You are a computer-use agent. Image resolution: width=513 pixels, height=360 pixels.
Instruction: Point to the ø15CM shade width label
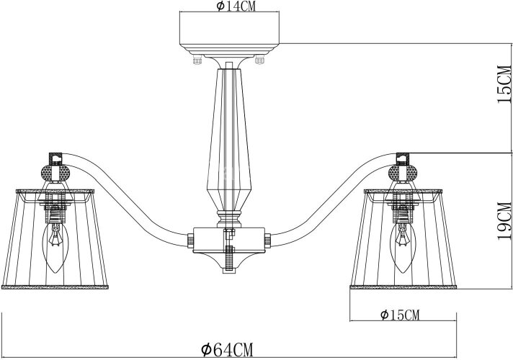coord(398,315)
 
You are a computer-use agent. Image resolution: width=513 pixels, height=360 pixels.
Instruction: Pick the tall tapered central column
coord(228,137)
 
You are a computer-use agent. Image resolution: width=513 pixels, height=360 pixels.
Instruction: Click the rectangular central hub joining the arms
coord(228,238)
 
